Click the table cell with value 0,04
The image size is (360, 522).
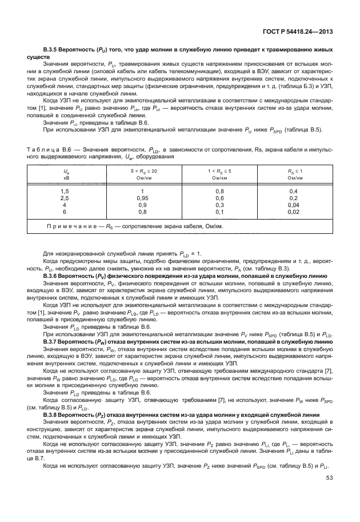(x=294, y=204)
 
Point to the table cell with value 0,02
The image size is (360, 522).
(x=294, y=212)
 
